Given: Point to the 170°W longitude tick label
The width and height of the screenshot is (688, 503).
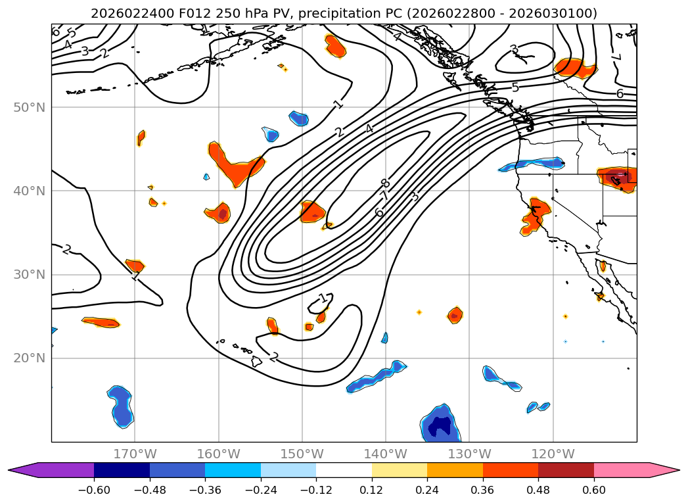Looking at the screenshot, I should point(135,454).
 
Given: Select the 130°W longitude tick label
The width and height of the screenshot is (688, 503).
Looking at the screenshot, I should point(469,454).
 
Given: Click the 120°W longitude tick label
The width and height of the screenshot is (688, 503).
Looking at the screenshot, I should point(553,454).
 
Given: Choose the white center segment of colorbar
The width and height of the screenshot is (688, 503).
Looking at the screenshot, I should point(344,470).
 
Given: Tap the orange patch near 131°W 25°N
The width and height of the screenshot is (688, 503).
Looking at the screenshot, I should point(455,315).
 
